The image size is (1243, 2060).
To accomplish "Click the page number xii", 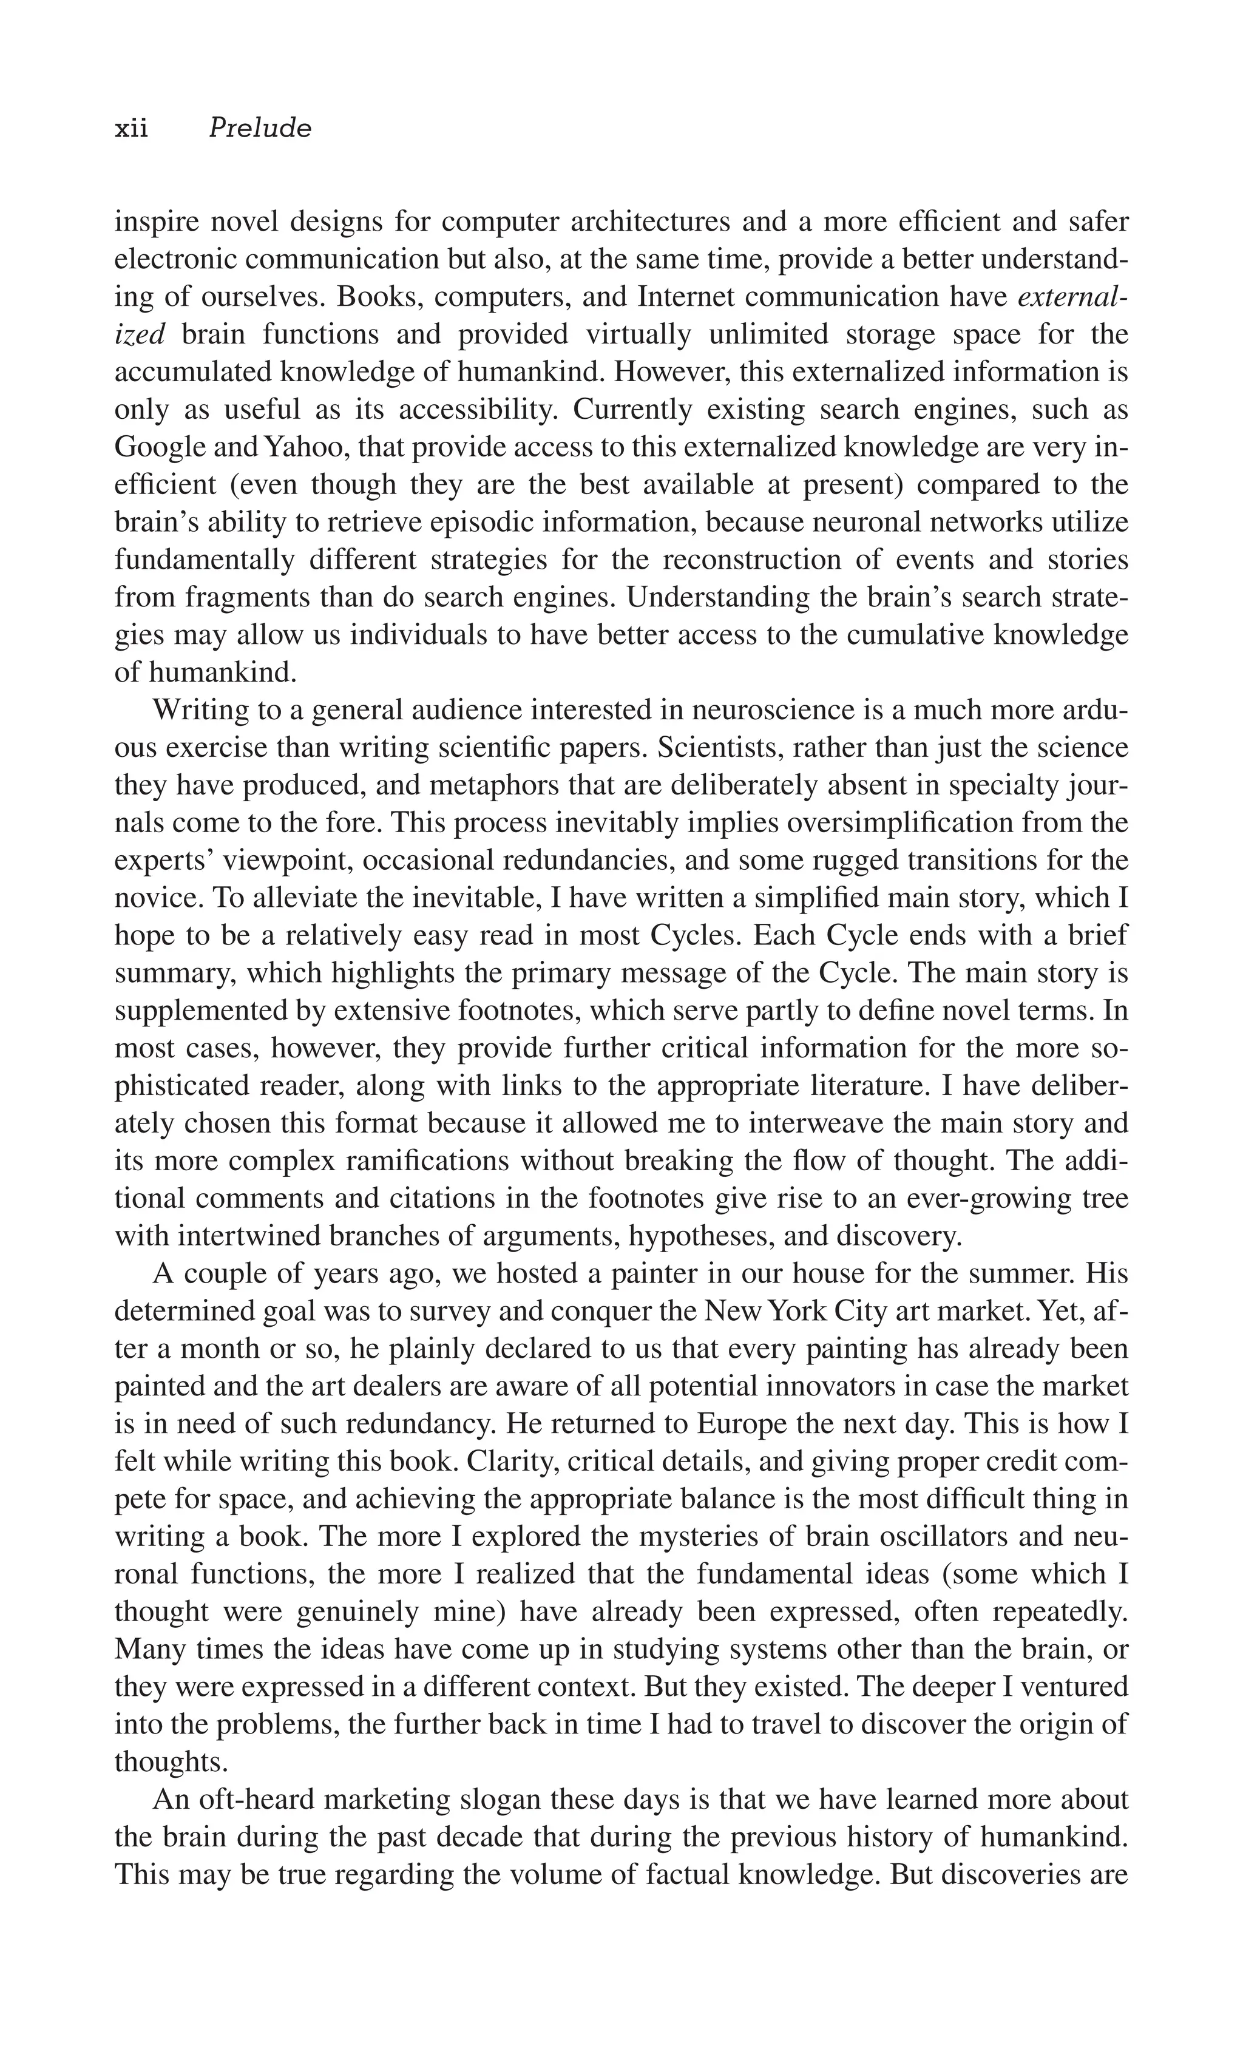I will coord(131,128).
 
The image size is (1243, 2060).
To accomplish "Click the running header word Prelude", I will coord(260,128).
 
